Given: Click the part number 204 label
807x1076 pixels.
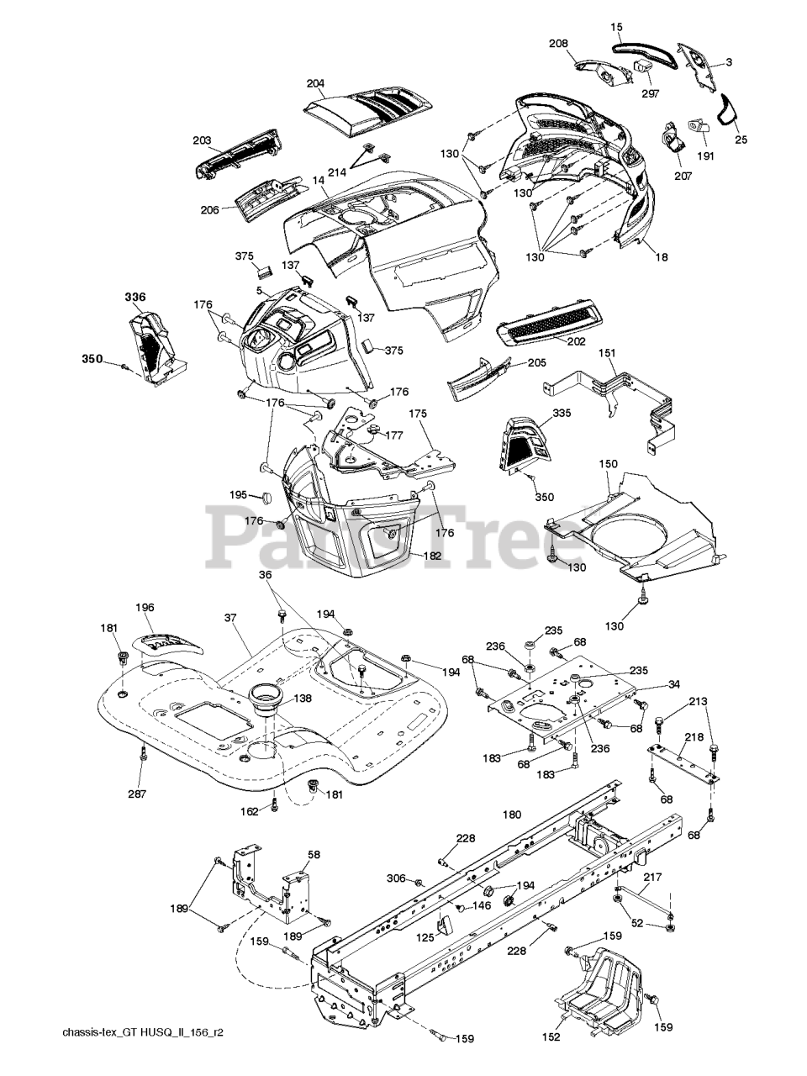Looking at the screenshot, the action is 315,83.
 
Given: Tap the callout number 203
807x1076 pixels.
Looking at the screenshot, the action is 202,140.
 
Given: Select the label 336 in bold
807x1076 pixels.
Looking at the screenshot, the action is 135,297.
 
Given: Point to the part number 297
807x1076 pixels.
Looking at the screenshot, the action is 650,94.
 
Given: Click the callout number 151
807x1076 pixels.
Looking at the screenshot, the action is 607,353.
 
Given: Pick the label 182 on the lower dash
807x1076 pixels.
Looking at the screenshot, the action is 432,556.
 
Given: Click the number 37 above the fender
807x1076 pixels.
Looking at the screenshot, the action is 231,619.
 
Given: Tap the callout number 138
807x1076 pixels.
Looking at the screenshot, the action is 303,698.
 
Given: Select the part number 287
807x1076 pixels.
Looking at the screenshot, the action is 137,794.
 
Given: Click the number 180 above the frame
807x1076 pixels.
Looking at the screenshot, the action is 512,815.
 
